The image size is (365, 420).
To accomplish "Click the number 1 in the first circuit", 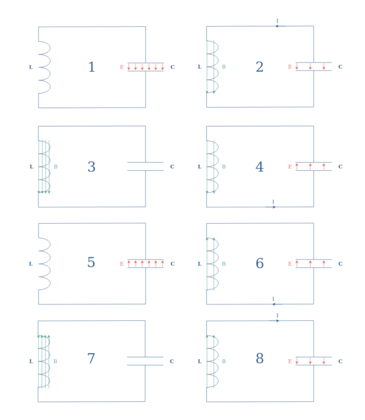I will tap(91, 67).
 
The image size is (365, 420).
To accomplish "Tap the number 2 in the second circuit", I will tap(259, 67).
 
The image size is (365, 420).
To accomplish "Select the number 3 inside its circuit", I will tap(91, 167).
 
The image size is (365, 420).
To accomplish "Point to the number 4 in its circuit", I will tap(259, 167).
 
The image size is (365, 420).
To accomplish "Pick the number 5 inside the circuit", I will tap(91, 263).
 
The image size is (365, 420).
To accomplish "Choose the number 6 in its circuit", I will tap(259, 263).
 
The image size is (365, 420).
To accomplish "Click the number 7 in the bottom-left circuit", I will tap(91, 359).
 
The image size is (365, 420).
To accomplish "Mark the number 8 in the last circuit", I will tap(259, 359).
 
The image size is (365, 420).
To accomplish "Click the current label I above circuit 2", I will tap(277, 21).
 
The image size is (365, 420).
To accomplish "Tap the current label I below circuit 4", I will tap(273, 202).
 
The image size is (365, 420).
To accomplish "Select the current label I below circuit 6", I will tap(273, 298).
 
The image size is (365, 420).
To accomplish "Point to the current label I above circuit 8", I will tap(277, 315).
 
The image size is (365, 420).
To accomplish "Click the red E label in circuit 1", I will tap(122, 67).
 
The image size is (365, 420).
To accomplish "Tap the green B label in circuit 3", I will tap(56, 167).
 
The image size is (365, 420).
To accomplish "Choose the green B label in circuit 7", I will tap(56, 361).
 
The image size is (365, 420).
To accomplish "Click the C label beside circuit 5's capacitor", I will tap(172, 264).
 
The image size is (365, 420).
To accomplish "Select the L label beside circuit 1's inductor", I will tap(31, 67).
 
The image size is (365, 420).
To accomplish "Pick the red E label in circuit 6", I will tap(290, 264).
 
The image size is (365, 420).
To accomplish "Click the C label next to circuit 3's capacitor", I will tap(172, 167).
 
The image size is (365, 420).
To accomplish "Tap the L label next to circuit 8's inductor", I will tap(200, 361).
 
